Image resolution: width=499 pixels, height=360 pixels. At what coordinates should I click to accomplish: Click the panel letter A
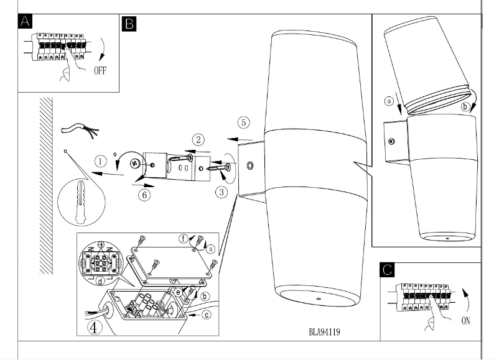click(26, 23)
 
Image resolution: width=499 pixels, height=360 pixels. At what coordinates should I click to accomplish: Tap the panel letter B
click(130, 23)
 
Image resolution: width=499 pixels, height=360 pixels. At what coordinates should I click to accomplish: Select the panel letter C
click(388, 269)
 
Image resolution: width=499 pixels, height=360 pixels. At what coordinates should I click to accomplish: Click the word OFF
click(100, 70)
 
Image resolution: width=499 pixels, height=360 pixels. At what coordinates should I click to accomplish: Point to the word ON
click(467, 322)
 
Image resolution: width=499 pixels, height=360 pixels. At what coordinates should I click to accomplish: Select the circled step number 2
click(197, 139)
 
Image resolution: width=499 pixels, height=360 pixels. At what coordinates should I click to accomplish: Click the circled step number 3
click(222, 192)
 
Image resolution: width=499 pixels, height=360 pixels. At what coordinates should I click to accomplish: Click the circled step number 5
click(244, 122)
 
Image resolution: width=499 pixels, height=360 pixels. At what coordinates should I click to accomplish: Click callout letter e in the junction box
click(179, 291)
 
